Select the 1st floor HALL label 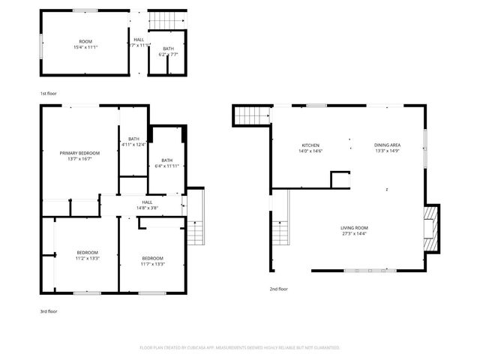click(139, 40)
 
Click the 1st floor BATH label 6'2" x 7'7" click(169, 49)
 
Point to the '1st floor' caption click(48, 93)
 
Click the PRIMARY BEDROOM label click(79, 152)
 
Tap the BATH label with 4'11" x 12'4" click(133, 138)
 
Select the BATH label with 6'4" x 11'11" click(166, 160)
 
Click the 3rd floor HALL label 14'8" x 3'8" click(147, 202)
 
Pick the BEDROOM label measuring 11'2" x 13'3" click(87, 253)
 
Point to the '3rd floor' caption click(48, 310)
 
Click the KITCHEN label click(311, 145)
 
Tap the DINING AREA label click(388, 145)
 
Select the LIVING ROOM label click(354, 228)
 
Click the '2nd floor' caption click(278, 288)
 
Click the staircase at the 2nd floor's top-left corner click(253, 115)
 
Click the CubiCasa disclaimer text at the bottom click(240, 348)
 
